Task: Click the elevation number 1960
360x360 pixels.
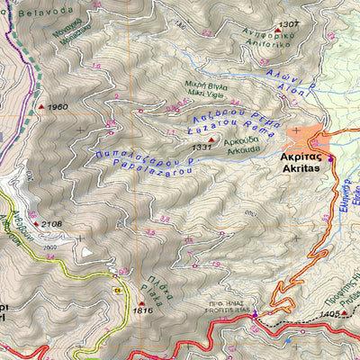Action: pos(57,108)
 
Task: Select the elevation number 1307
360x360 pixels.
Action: pos(289,24)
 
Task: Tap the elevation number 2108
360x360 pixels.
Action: pos(51,224)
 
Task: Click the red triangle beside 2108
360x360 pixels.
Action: pos(35,224)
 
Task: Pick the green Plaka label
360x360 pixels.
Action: pos(156,294)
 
